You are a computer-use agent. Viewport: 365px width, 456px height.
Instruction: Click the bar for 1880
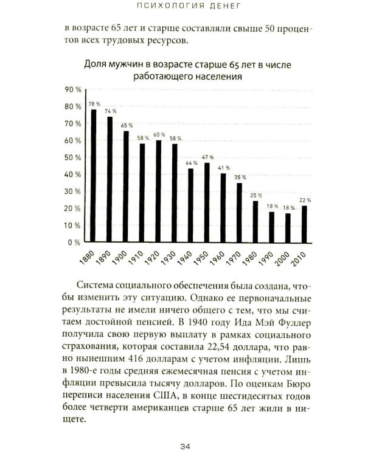[94, 176]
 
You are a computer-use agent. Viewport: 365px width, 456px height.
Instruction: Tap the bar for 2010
[305, 223]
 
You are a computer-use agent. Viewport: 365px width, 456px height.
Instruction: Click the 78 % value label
[94, 104]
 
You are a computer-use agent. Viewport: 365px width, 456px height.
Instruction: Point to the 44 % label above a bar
[191, 162]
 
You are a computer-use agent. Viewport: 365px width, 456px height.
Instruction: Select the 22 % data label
[305, 199]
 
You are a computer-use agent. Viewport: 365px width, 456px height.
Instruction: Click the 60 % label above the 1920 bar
[159, 135]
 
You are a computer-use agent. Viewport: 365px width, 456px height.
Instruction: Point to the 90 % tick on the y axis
[72, 89]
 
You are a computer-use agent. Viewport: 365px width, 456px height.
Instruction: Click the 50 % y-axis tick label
[72, 157]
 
